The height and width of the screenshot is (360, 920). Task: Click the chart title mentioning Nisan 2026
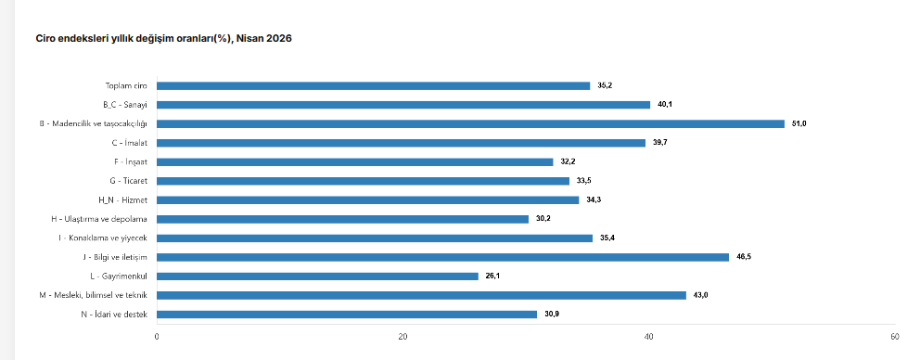(x=164, y=39)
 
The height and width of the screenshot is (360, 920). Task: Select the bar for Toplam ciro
(x=373, y=85)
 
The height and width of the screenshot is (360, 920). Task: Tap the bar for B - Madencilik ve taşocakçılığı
(x=470, y=124)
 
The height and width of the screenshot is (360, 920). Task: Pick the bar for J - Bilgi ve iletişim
(x=443, y=257)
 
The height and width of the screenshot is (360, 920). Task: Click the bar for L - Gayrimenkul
(x=317, y=276)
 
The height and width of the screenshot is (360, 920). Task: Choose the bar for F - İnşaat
(x=355, y=162)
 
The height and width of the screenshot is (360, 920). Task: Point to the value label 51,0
(x=799, y=124)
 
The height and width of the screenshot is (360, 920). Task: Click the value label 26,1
(x=492, y=276)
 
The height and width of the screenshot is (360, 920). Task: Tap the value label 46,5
(x=744, y=257)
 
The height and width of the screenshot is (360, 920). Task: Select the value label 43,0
(x=700, y=295)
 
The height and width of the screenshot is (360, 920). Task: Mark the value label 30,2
(x=543, y=219)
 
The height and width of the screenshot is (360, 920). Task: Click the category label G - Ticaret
(x=129, y=181)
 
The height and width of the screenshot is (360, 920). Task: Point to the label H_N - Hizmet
(x=123, y=200)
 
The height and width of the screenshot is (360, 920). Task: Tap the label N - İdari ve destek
(x=114, y=315)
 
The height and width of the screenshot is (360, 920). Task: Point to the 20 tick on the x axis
(x=403, y=337)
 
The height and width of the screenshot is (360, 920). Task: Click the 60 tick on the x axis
(x=895, y=337)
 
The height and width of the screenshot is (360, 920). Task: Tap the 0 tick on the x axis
(x=157, y=337)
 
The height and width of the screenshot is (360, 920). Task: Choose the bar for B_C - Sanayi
(x=403, y=105)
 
